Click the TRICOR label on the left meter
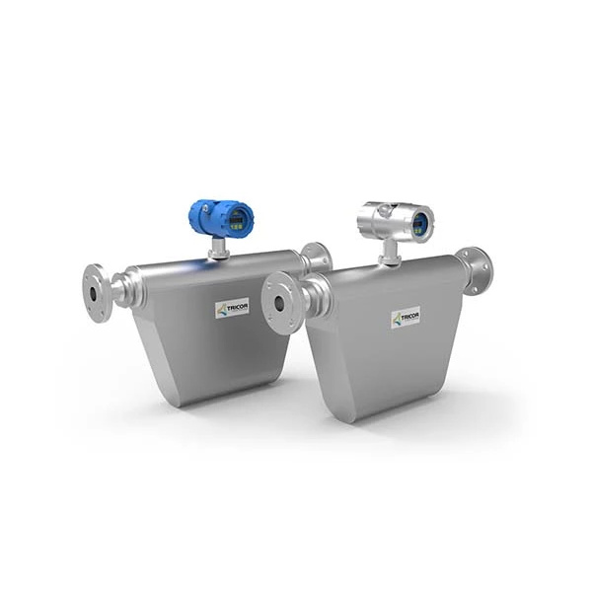[x=233, y=308]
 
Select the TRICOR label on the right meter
[x=406, y=318]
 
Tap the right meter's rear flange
[x=474, y=269]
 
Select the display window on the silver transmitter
[x=419, y=222]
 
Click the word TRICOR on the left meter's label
[x=238, y=306]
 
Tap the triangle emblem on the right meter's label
[x=397, y=319]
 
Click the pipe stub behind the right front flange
[x=309, y=294]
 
